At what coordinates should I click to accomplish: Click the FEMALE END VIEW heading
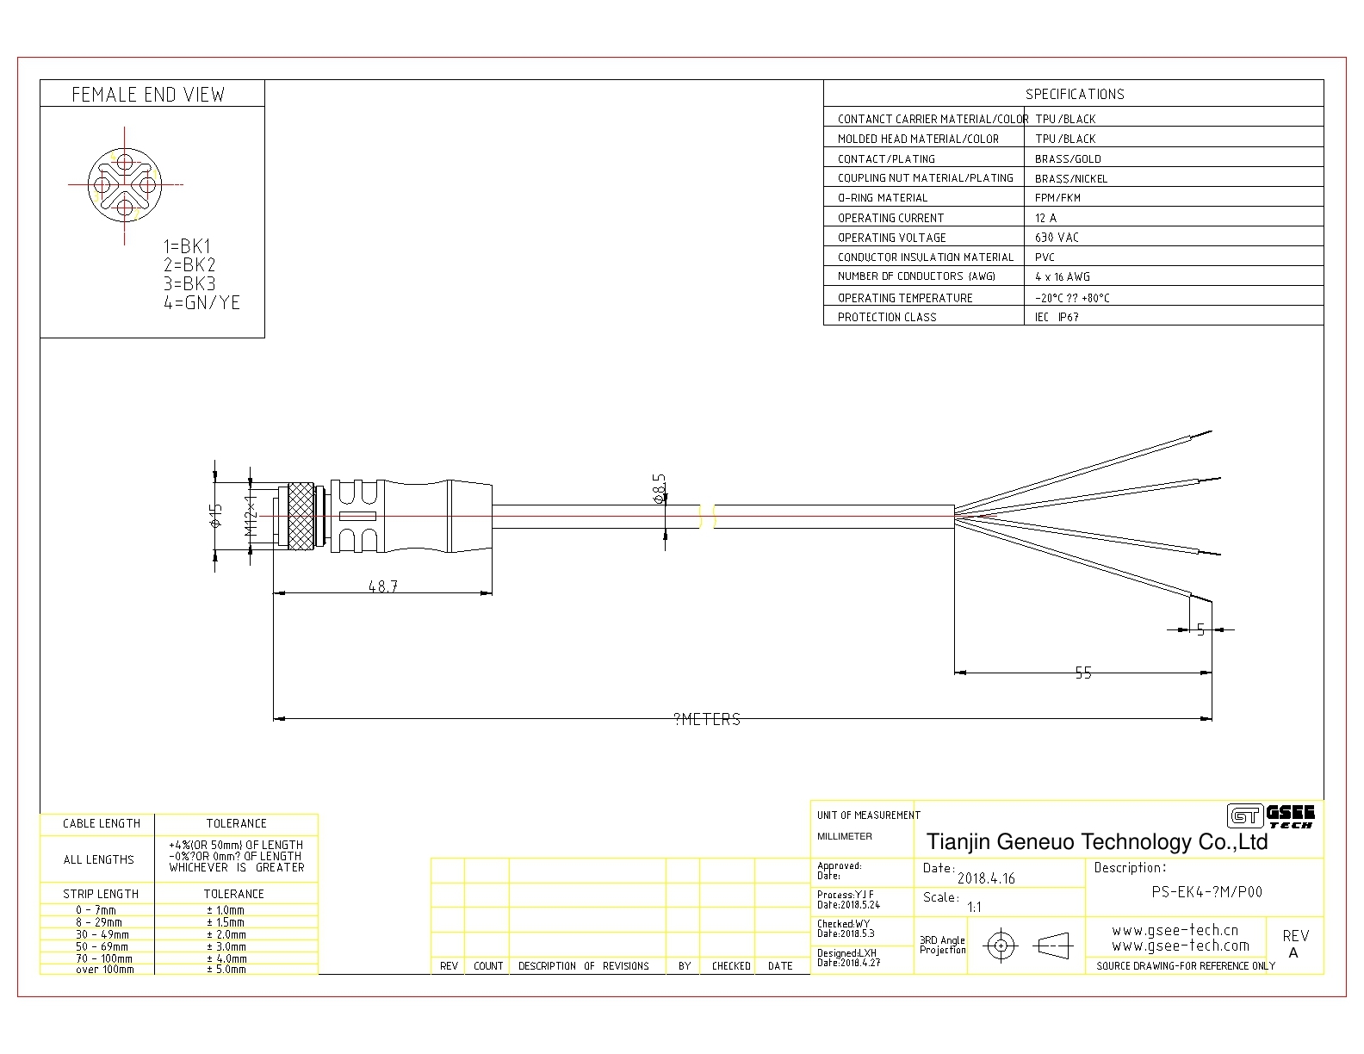coord(148,95)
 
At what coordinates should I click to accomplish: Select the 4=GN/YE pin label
coord(201,303)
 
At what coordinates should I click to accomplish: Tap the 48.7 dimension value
coord(383,586)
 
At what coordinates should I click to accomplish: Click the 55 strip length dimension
coord(1083,673)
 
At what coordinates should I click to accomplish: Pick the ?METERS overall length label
coord(707,720)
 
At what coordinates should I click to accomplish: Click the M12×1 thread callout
coord(251,516)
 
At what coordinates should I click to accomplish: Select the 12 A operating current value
coord(1045,218)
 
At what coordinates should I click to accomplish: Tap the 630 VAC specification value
coord(1057,238)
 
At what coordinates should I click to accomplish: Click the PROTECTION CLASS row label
coord(887,317)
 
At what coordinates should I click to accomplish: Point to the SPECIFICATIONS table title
coord(1075,94)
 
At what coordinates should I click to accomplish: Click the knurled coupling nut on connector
coord(301,516)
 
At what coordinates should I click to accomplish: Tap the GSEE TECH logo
coord(1271,815)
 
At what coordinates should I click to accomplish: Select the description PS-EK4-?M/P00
coord(1206,892)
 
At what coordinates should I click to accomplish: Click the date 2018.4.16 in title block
coord(986,878)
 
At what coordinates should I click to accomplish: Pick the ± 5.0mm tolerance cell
coord(226,970)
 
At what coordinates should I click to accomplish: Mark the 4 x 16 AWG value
coord(1063,277)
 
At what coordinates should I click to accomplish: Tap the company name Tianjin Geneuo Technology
coord(1096,842)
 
